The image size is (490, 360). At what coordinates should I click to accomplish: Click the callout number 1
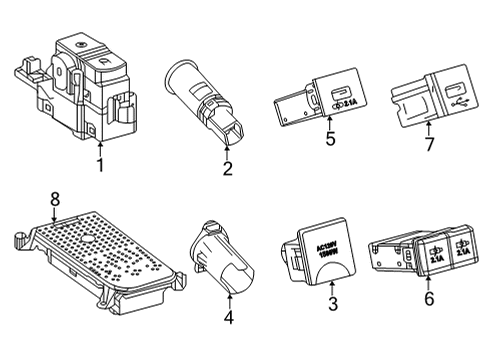click(x=100, y=163)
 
